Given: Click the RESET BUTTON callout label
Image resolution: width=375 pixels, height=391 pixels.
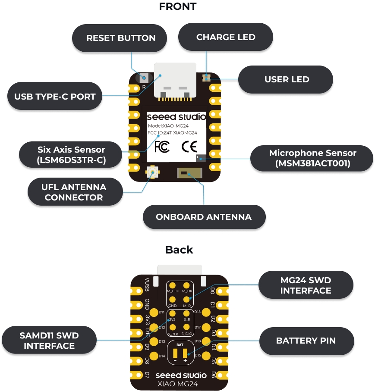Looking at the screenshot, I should (120, 38).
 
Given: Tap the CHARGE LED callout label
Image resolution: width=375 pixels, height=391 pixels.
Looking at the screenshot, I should (225, 37).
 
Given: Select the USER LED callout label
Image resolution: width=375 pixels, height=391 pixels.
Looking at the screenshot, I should (286, 79).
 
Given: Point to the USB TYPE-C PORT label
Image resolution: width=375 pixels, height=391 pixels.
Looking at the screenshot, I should (55, 97).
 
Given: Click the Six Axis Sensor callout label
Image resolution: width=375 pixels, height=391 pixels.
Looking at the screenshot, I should (71, 156).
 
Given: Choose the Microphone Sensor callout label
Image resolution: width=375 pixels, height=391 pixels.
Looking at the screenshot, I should (312, 158).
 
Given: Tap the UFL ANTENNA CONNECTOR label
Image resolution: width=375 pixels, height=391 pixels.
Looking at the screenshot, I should (74, 192).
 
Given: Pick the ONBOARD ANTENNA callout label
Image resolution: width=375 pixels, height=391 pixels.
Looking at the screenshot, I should (204, 217).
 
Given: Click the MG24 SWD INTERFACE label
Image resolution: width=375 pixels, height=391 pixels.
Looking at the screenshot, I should (306, 285).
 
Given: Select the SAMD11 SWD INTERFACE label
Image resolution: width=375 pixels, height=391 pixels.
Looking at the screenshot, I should (49, 340).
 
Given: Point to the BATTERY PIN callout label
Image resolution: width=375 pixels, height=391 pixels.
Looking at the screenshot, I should (306, 341).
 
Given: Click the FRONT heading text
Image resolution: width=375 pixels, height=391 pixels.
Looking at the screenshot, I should (177, 6).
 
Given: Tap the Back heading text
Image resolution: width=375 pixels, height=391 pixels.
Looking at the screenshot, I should (179, 250).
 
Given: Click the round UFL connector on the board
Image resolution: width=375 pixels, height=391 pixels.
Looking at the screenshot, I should (152, 172).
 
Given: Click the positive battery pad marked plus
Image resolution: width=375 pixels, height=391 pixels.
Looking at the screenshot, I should (186, 353).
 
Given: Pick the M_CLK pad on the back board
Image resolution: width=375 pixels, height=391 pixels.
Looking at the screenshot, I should (172, 285).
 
